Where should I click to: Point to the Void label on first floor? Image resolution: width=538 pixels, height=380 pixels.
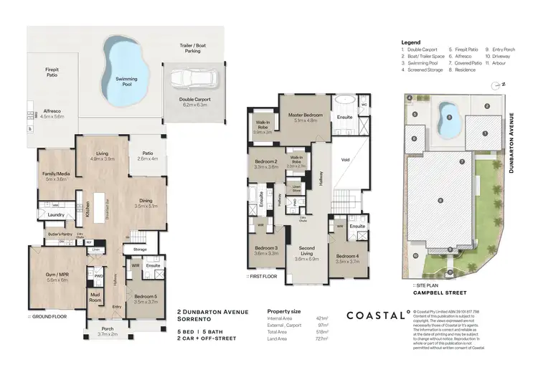coord(345,160)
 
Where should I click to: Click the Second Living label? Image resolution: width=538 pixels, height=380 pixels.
coord(306,253)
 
